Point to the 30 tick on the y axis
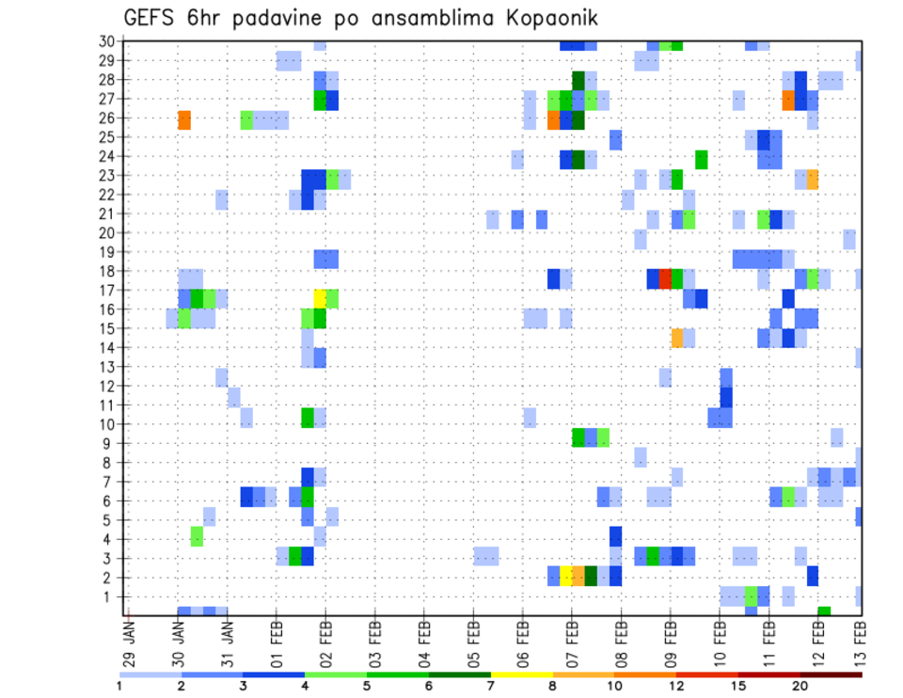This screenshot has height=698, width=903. pyautogui.click(x=107, y=41)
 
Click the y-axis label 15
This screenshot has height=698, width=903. pyautogui.click(x=107, y=328)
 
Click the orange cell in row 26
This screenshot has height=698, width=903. pyautogui.click(x=184, y=119)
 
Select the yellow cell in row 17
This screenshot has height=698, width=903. pyautogui.click(x=321, y=298)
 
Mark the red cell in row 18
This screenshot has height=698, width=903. pyautogui.click(x=665, y=278)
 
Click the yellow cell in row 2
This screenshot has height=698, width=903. pyautogui.click(x=566, y=576)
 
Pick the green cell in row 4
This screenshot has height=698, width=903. pyautogui.click(x=197, y=536)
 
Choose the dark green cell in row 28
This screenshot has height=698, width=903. pyautogui.click(x=578, y=81)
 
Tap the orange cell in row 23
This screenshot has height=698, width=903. pyautogui.click(x=813, y=178)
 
